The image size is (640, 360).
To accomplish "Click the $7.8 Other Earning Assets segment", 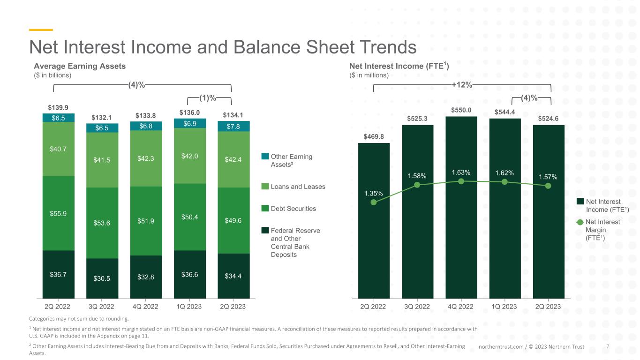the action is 233,126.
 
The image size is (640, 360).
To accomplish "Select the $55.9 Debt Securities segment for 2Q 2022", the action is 59,213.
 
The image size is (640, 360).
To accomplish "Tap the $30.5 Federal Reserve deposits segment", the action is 102,278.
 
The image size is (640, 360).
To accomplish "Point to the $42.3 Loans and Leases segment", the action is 146,158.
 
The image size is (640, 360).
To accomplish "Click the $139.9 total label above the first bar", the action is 58,107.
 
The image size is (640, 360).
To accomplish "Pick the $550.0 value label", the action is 461,110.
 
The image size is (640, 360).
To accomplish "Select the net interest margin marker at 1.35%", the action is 373,202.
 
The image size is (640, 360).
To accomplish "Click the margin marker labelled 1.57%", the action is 548,186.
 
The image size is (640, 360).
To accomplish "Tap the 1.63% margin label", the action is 461,172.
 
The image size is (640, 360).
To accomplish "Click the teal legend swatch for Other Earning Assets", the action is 265,156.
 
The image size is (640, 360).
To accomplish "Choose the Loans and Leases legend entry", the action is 293,187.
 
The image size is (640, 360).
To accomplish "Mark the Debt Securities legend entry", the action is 288,209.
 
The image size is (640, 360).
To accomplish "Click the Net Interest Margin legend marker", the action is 580,222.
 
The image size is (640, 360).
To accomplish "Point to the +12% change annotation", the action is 462,84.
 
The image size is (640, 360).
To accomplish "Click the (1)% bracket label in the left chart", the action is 208,98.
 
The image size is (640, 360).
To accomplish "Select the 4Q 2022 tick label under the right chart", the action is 460,307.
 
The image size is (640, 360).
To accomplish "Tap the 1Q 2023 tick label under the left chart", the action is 189,307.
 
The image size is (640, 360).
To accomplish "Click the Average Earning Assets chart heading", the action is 80,66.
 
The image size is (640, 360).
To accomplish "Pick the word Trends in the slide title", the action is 388,47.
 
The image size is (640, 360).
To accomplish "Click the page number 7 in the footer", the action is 608,346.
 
